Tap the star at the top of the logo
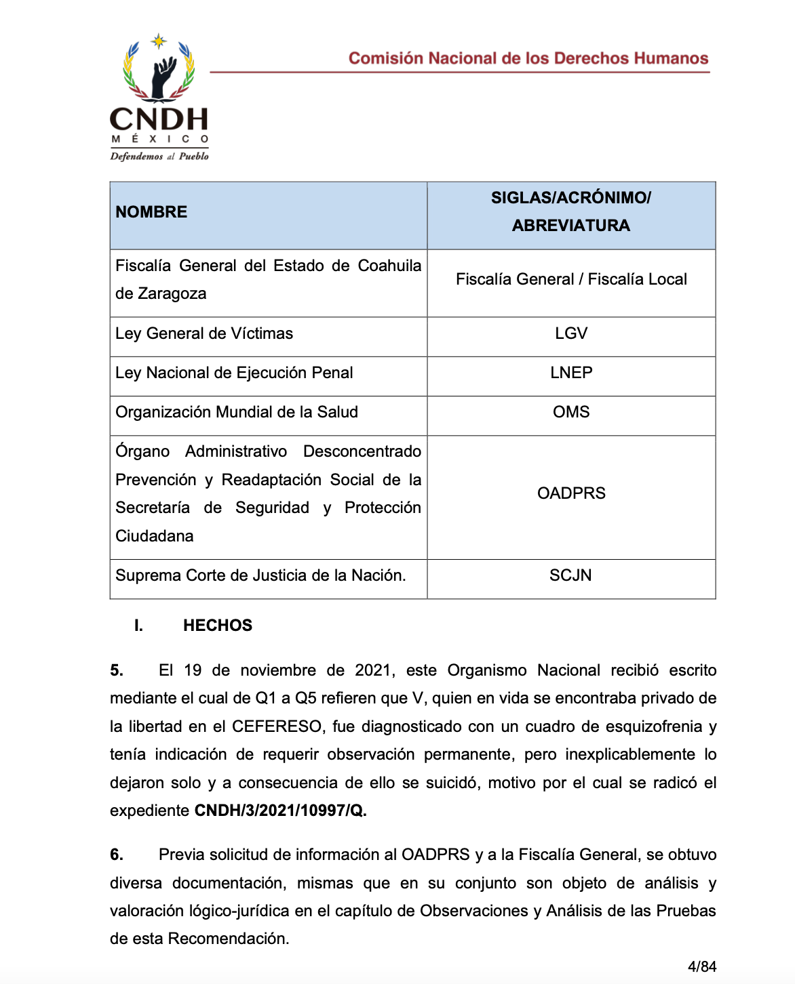coord(158,41)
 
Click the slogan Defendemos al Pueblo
coord(159,156)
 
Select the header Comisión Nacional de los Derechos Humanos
coord(528,58)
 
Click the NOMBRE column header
coord(151,212)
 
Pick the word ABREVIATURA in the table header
coord(570,226)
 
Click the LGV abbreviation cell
coord(570,333)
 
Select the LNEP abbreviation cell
coord(570,373)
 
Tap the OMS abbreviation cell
coord(570,412)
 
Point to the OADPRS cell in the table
coord(570,493)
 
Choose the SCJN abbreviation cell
coord(570,575)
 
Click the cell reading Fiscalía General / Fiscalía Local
coord(570,279)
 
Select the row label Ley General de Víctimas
coord(204,333)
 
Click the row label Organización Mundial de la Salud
coord(236,412)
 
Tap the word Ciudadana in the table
coord(155,536)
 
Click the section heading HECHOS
coord(217,626)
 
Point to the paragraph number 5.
coord(117,670)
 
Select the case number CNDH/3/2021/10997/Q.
coord(280,811)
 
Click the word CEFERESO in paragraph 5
coord(277,726)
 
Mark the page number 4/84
coord(701,966)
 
